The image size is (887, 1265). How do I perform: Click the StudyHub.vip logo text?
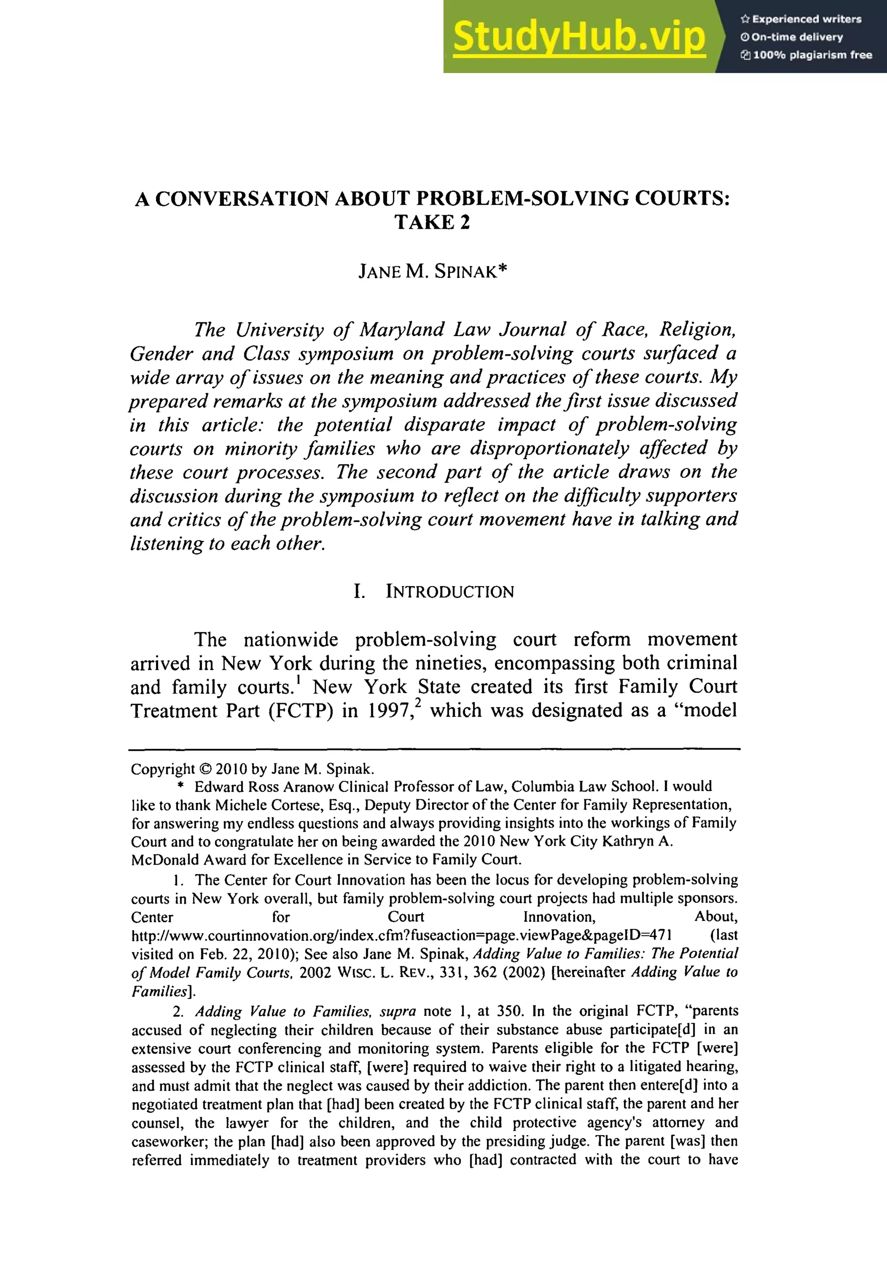point(579,36)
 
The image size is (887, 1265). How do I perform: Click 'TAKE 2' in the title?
point(432,223)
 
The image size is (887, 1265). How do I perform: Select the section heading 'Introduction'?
point(449,592)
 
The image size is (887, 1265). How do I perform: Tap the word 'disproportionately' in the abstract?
point(549,448)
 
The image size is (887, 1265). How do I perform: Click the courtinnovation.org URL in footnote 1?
point(401,935)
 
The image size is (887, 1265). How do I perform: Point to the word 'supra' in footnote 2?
point(398,1012)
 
